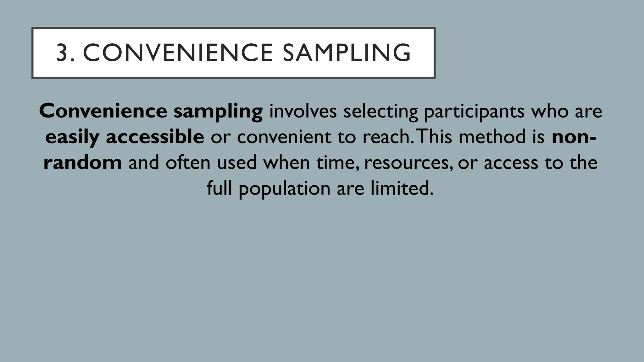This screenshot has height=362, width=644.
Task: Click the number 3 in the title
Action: click(x=63, y=53)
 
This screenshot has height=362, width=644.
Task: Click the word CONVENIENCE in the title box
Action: click(x=178, y=53)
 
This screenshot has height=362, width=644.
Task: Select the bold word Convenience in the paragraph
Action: click(x=103, y=111)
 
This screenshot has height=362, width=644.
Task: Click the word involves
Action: click(x=303, y=111)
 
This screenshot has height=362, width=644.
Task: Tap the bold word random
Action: click(x=83, y=162)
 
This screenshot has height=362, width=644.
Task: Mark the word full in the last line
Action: click(x=219, y=188)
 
